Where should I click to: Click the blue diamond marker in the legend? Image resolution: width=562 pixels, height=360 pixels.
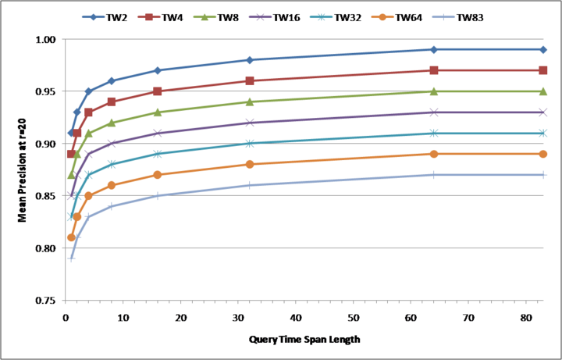point(94,16)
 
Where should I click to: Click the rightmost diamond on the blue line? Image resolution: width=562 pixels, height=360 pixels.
point(543,49)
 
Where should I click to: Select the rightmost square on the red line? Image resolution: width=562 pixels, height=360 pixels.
point(543,70)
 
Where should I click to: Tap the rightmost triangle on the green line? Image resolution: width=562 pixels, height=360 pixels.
point(543,91)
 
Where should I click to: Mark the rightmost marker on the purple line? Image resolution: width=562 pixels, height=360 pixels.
point(543,112)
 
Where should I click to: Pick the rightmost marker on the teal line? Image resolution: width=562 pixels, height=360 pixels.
point(543,134)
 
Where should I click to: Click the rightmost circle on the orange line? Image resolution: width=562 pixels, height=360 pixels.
point(543,154)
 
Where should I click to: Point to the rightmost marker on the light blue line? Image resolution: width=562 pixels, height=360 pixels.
point(543,175)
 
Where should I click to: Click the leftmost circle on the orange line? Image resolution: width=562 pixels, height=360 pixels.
point(71,237)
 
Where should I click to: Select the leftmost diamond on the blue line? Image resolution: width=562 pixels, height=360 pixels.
point(71,133)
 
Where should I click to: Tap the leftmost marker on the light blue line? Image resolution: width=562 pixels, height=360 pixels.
point(71,258)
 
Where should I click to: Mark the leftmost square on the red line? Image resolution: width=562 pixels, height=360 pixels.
point(71,154)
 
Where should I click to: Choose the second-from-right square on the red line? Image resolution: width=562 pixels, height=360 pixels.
point(434,70)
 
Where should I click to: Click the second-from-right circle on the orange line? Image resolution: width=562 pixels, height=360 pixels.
point(434,154)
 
